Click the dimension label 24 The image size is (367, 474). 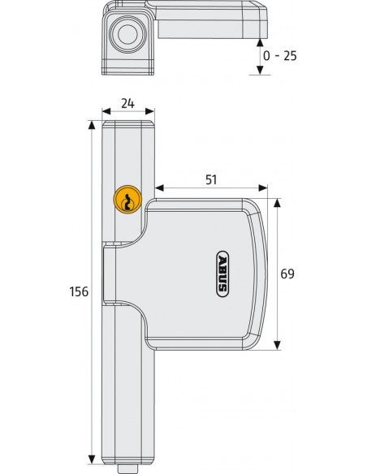pyautogui.click(x=128, y=103)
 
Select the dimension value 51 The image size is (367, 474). pyautogui.click(x=210, y=179)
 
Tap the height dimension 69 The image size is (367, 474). pyautogui.click(x=287, y=274)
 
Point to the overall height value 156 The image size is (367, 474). pyautogui.click(x=80, y=291)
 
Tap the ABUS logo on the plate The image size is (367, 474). pyautogui.click(x=222, y=273)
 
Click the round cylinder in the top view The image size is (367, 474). pyautogui.click(x=127, y=35)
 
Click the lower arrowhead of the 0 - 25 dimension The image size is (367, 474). pyautogui.click(x=260, y=71)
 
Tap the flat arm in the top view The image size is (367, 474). pyautogui.click(x=207, y=22)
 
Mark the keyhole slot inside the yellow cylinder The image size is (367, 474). pyautogui.click(x=127, y=204)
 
